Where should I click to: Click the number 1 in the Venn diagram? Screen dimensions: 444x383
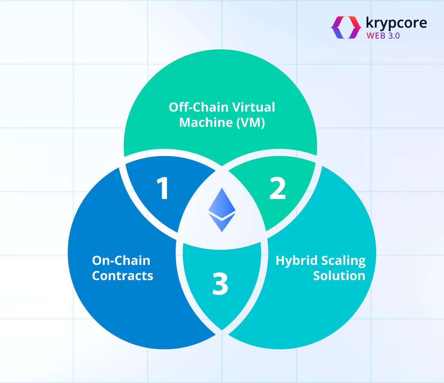click(x=162, y=188)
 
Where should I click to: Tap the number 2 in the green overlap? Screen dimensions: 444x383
click(x=278, y=188)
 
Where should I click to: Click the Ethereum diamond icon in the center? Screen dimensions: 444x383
click(x=222, y=210)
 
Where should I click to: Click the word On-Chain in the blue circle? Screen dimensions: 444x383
click(x=121, y=260)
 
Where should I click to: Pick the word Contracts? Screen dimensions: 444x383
click(x=123, y=276)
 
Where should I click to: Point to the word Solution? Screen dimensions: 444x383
click(x=339, y=276)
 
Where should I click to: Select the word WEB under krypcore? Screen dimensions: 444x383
click(x=377, y=36)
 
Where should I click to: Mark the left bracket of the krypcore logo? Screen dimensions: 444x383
click(x=338, y=27)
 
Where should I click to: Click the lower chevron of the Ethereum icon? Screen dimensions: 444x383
click(x=222, y=223)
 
